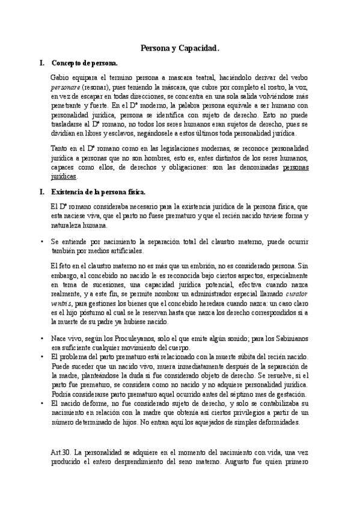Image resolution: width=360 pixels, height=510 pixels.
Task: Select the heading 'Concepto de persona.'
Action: pyautogui.click(x=85, y=63)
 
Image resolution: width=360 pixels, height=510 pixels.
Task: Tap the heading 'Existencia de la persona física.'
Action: pyautogui.click(x=99, y=192)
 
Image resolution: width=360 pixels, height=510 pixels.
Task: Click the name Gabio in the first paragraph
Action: pyautogui.click(x=61, y=78)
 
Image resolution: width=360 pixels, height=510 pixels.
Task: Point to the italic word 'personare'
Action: pyautogui.click(x=65, y=87)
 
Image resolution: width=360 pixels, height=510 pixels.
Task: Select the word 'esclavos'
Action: pyautogui.click(x=127, y=133)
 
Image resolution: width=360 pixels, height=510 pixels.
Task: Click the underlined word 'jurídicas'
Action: pyautogui.click(x=64, y=177)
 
